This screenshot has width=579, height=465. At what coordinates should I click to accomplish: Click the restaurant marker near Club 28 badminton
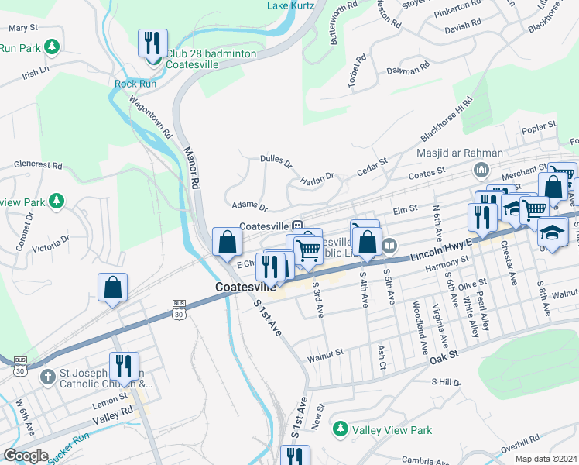coord(152,42)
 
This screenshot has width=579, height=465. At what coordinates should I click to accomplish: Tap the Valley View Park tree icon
coord(338,429)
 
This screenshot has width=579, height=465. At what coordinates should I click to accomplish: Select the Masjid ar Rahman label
coord(460,153)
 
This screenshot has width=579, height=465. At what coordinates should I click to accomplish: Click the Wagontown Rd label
coord(150,117)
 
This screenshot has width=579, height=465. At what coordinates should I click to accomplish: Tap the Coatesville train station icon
coord(296,225)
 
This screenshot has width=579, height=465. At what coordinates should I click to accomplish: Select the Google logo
coord(26,456)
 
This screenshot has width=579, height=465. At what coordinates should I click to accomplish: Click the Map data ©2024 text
coord(546,459)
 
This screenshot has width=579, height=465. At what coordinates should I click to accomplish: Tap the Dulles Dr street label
coord(276,164)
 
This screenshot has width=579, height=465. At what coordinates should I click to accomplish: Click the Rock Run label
coord(135,84)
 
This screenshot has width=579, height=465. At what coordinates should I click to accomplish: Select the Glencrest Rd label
coord(37,165)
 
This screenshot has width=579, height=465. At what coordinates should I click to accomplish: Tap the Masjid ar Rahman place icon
coord(480,168)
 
